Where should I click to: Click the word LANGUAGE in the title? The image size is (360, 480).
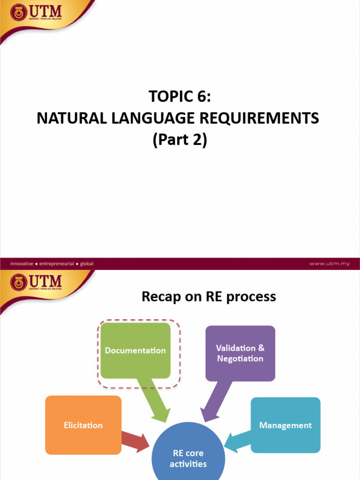point(153,119)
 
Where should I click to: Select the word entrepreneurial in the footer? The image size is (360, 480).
point(57,263)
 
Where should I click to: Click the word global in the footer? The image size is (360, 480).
point(87,263)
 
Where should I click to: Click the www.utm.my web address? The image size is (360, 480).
point(330,263)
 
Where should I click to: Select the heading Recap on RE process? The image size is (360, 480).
point(209,297)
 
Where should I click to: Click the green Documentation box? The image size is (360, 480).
point(135,351)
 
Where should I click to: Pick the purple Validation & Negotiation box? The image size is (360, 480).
point(240,353)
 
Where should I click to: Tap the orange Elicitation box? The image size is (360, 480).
point(83,425)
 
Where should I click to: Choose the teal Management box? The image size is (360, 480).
point(285,425)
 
